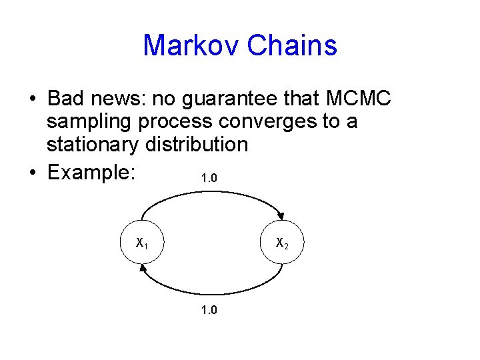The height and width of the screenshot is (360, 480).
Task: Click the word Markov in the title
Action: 191,46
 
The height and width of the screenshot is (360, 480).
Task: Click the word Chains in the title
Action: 292,46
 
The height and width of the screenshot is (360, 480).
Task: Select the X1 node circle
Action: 142,243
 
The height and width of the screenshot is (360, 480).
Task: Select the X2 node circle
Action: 282,243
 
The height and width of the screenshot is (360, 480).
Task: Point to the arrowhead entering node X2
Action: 281,216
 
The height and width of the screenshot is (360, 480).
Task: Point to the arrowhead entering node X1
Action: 143,269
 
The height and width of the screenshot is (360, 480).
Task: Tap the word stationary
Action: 91,145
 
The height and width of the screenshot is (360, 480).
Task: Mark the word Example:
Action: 92,172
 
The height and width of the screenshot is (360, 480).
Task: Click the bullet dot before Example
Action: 33,173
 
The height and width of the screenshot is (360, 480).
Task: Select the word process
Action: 172,122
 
